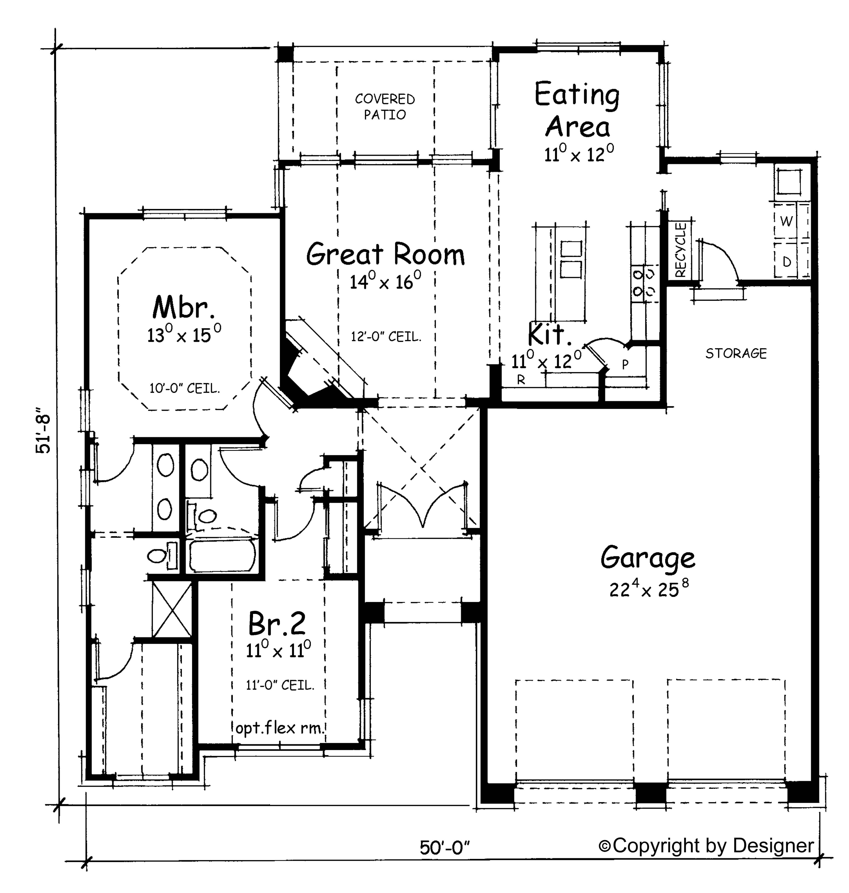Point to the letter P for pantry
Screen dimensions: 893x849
(x=625, y=365)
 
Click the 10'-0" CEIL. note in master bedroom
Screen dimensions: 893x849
(x=185, y=388)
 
